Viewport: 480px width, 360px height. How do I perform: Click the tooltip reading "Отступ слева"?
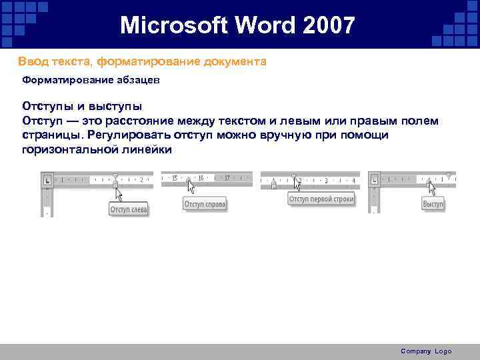[128, 209]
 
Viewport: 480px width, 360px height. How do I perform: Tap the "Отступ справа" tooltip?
[205, 204]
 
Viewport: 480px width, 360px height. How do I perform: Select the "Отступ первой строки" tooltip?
[321, 199]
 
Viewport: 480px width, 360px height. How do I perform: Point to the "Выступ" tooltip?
[433, 204]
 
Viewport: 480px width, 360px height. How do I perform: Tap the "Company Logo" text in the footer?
[425, 351]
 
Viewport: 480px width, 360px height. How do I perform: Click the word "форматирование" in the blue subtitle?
[131, 61]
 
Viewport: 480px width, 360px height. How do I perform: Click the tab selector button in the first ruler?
[47, 179]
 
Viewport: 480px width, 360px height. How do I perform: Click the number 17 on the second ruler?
[227, 178]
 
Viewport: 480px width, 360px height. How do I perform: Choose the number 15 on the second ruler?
[175, 178]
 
